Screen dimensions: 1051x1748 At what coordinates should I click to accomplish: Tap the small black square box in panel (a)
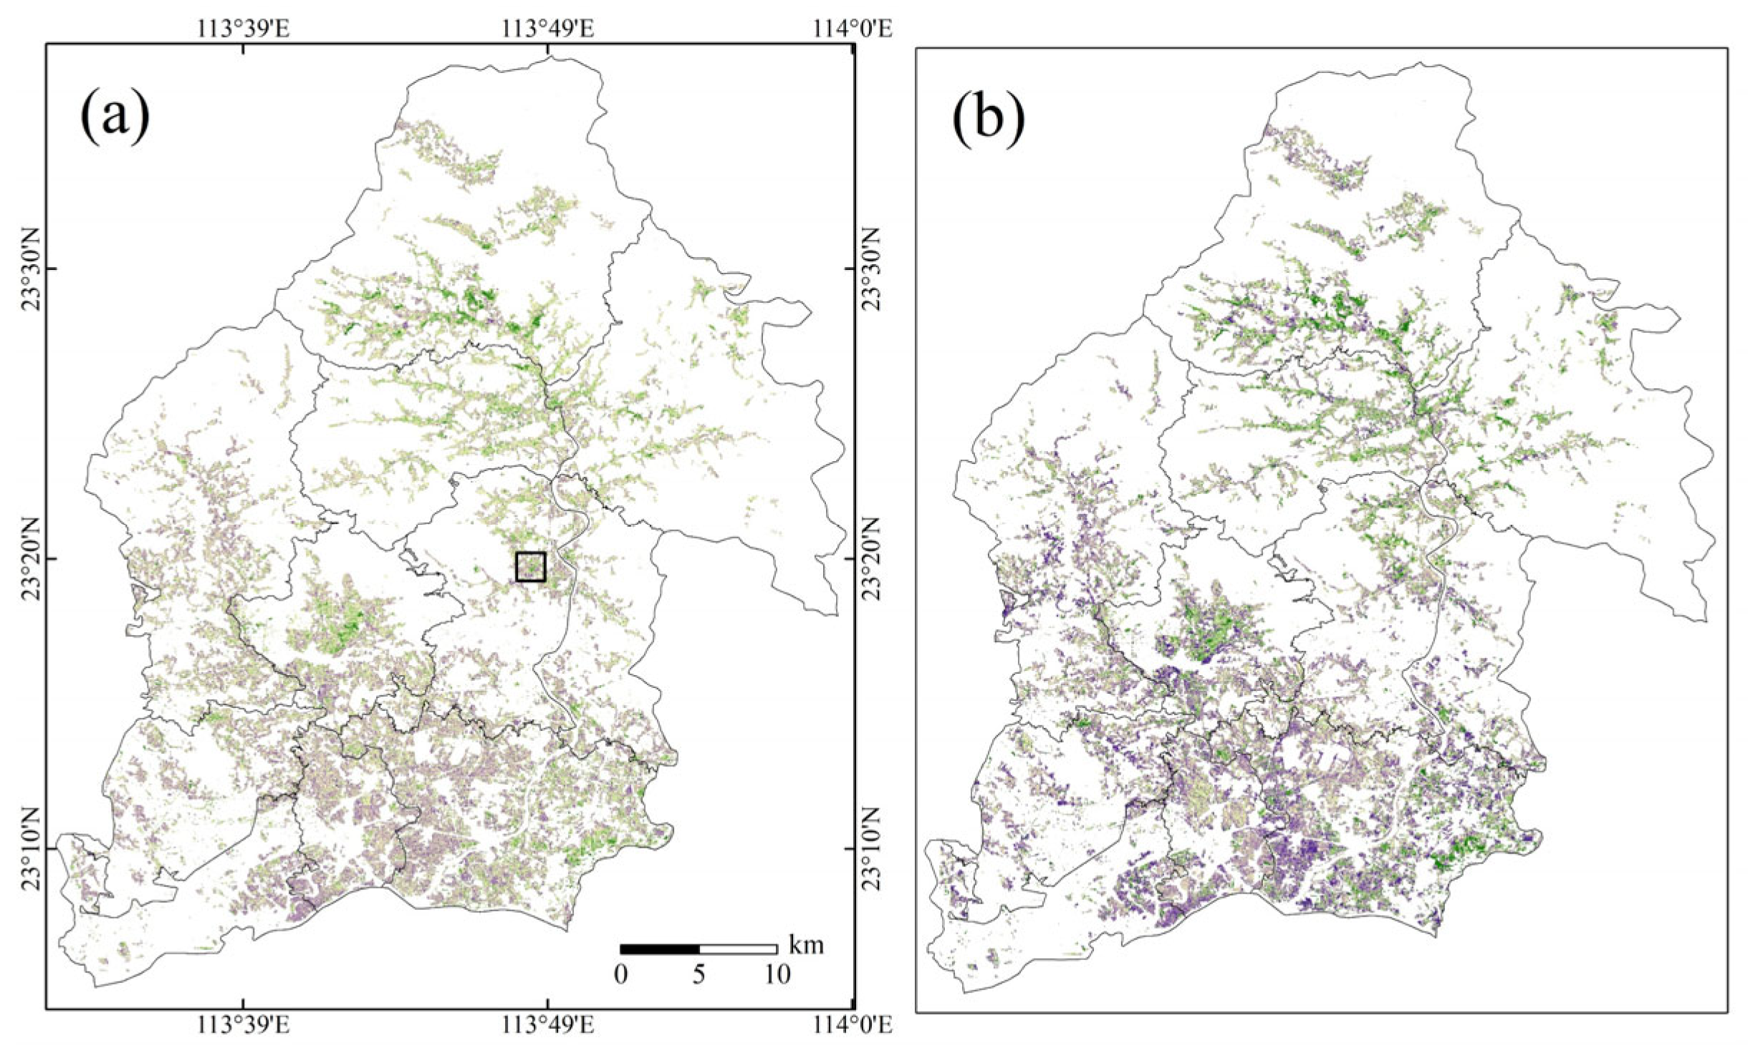[x=531, y=566]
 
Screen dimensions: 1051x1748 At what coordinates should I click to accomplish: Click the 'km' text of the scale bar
[x=806, y=945]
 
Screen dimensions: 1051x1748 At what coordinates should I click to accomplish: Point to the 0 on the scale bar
[x=621, y=974]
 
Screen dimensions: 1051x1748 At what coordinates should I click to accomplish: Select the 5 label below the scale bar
[x=698, y=974]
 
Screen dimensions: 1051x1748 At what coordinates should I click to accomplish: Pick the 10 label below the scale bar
[x=777, y=974]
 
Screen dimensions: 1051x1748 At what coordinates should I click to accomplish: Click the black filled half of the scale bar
[x=660, y=949]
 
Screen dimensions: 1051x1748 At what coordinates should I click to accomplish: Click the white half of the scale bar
[x=738, y=949]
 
